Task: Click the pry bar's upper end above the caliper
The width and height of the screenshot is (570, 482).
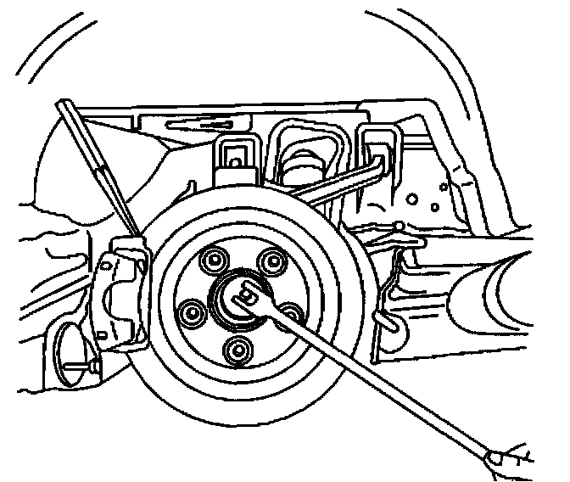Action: [x=66, y=109]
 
